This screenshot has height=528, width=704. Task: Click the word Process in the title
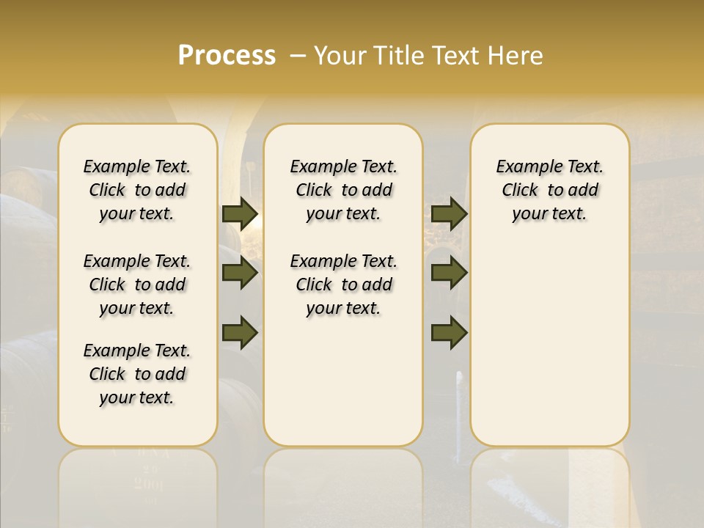pos(227,56)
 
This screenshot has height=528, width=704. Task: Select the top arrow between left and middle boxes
pos(240,214)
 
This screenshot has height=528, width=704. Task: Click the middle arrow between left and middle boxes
pos(240,274)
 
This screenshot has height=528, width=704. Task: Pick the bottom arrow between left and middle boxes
pos(240,333)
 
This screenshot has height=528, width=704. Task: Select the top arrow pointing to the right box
pos(449,214)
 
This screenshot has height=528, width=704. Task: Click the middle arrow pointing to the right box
pos(449,274)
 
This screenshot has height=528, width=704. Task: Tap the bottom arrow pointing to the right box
pos(449,333)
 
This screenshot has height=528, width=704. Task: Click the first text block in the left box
pos(137,190)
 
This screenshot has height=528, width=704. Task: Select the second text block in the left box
pos(137,285)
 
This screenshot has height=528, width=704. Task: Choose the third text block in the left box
pos(137,374)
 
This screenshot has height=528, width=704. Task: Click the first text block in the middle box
pos(343,190)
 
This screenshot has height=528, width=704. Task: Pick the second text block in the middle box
pos(343,285)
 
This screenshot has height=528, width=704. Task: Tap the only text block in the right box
pos(549,190)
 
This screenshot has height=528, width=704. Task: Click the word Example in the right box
pos(524,167)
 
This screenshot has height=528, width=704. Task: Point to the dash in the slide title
pos(298,56)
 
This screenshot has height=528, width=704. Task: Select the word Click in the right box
pos(520,191)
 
